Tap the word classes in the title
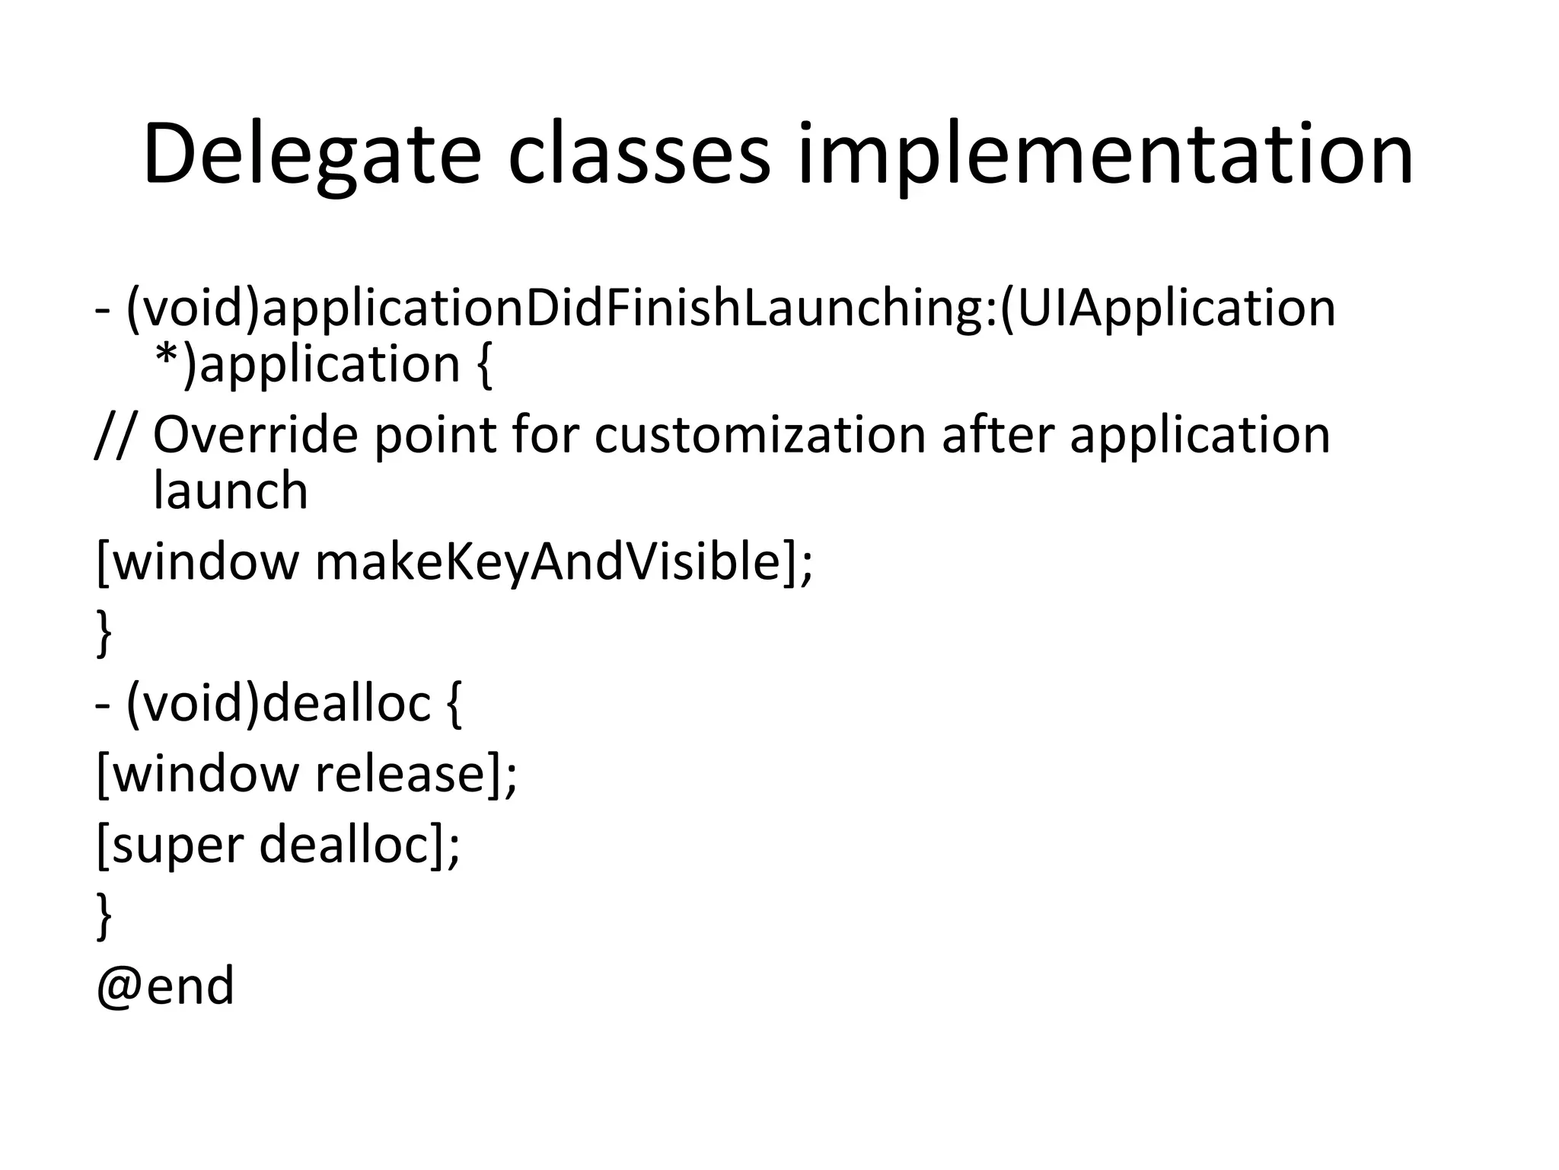pos(639,156)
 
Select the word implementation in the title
pos(1105,156)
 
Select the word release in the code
pos(400,774)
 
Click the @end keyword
pos(165,986)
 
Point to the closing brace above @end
pos(104,916)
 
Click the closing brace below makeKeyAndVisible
pos(104,632)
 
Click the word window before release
pos(206,774)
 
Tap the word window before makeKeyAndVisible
pos(206,562)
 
